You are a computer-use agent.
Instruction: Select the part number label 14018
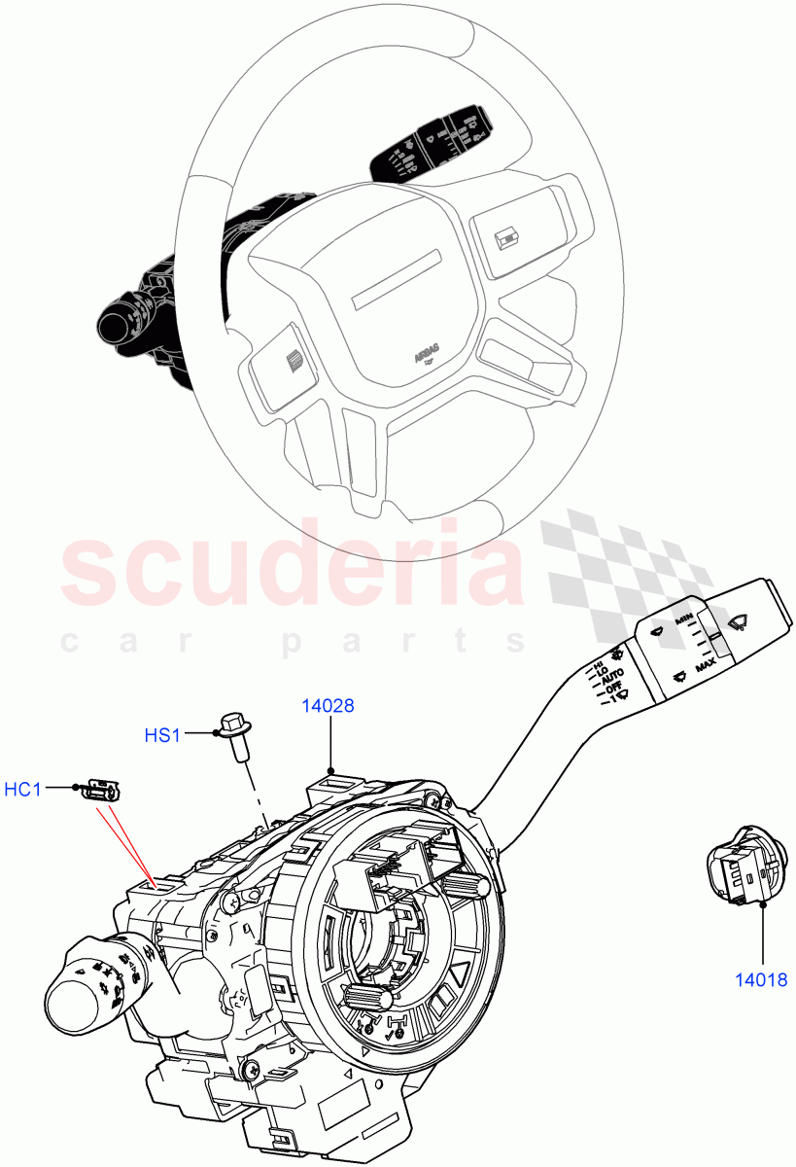coord(761,981)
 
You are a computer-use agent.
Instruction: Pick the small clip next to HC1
coord(102,790)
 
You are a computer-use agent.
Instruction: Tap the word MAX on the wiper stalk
coord(706,663)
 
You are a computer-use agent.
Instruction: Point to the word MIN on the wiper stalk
coord(685,619)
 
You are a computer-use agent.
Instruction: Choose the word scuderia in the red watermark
coord(292,568)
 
